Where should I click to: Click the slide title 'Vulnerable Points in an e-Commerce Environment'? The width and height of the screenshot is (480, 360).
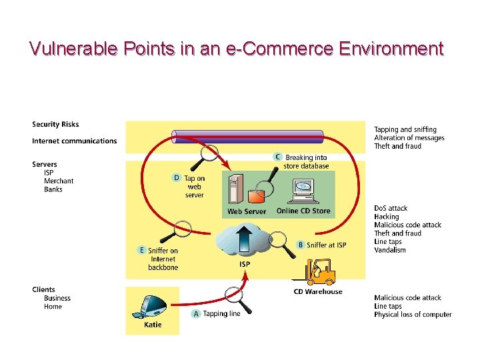(237, 49)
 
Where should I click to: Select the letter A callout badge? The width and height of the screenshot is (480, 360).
(196, 313)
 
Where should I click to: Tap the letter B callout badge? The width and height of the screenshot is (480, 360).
(300, 245)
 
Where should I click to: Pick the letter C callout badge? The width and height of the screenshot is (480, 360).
(278, 157)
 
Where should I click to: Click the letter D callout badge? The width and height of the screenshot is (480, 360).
(177, 178)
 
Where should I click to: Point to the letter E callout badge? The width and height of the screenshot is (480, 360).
(141, 250)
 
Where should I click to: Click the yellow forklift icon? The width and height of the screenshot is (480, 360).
(319, 272)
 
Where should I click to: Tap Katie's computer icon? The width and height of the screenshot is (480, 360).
(153, 306)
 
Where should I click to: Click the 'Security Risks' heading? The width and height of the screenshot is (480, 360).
(55, 124)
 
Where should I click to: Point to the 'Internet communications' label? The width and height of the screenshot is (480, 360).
(74, 141)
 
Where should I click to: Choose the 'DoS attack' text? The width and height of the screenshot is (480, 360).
(391, 208)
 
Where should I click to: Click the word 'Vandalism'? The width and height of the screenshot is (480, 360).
(390, 250)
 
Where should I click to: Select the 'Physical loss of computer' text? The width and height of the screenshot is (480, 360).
(413, 315)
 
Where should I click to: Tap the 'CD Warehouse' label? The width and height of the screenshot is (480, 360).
(318, 291)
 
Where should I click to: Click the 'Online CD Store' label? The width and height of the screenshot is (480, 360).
(303, 211)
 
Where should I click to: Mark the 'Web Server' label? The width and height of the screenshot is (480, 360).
(247, 211)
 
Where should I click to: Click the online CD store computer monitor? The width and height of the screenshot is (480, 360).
(303, 189)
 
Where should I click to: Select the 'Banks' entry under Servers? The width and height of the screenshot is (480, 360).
(53, 189)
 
